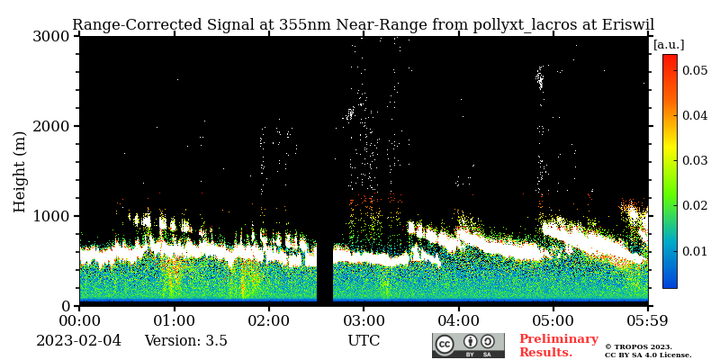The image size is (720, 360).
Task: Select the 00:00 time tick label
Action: [79, 320]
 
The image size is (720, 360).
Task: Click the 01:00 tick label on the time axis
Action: [174, 320]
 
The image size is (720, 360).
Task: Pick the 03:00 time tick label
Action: [364, 320]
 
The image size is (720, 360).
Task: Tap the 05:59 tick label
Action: [647, 320]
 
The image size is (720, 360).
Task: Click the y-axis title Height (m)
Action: [21, 171]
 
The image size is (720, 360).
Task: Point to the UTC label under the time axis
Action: [364, 341]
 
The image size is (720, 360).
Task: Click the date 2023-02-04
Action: [78, 341]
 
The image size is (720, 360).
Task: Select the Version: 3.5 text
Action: [185, 341]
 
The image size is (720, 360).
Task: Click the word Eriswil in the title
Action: [626, 24]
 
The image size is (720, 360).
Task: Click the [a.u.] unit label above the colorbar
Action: [669, 44]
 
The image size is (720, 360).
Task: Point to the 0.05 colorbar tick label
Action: [694, 70]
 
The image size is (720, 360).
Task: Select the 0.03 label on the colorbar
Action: [694, 160]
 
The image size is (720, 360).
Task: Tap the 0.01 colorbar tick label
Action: [694, 251]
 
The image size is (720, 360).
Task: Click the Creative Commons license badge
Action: [468, 345]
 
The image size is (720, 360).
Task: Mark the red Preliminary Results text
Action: [558, 346]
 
